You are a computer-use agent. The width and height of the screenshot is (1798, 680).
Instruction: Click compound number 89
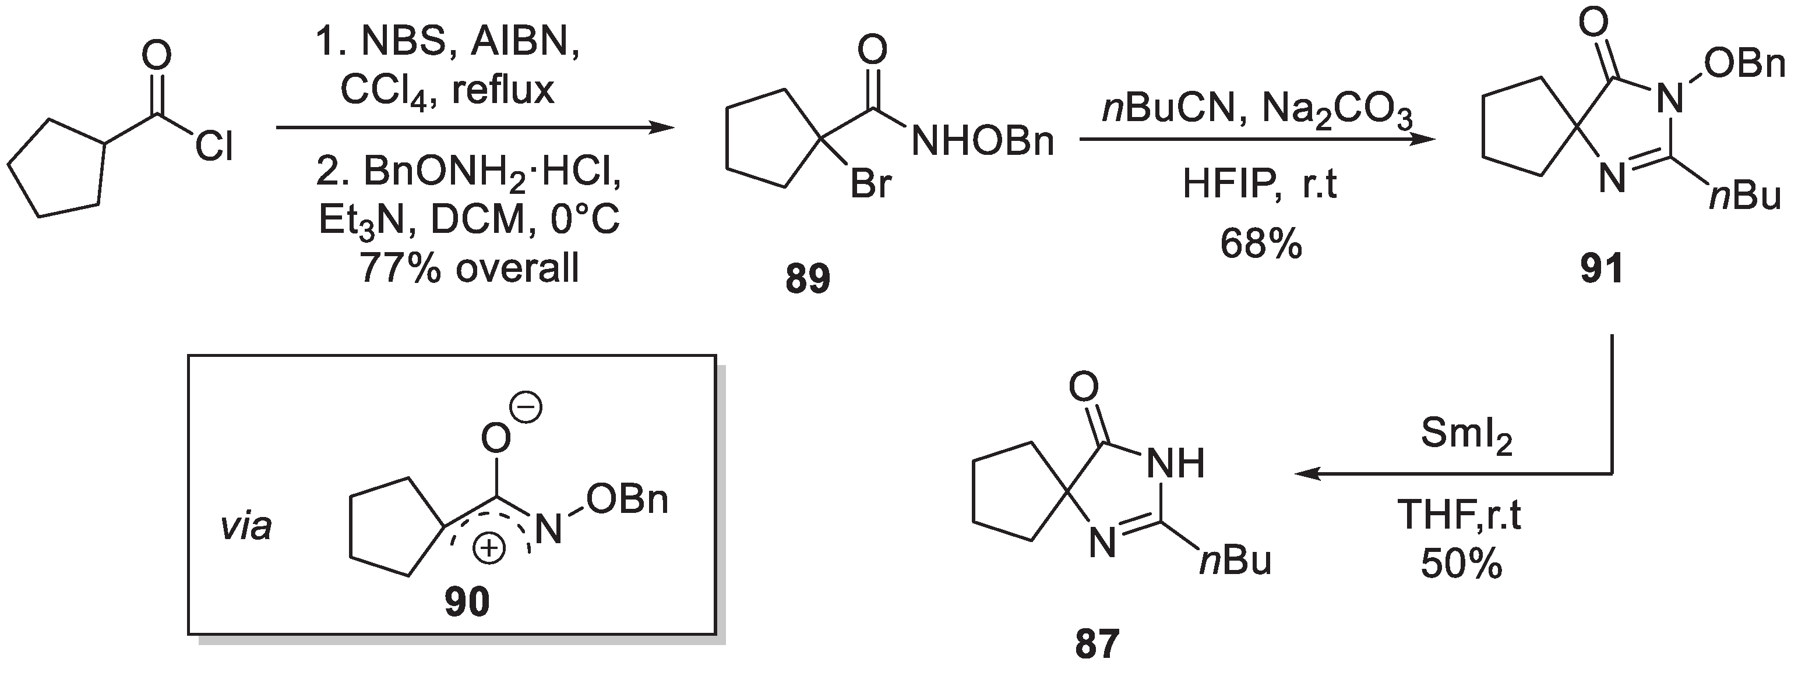pyautogui.click(x=808, y=279)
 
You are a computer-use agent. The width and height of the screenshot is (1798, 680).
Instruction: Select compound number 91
pyautogui.click(x=1602, y=268)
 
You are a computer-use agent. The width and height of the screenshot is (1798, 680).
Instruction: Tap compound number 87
pyautogui.click(x=1097, y=644)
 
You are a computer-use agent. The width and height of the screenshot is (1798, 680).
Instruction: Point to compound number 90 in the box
pyautogui.click(x=467, y=601)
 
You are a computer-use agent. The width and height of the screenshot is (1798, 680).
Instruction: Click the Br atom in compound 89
pyautogui.click(x=871, y=184)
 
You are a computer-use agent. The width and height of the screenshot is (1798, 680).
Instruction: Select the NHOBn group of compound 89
pyautogui.click(x=982, y=142)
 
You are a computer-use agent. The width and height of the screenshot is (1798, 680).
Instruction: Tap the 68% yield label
pyautogui.click(x=1261, y=244)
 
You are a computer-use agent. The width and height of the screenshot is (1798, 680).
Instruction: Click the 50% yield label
pyautogui.click(x=1461, y=564)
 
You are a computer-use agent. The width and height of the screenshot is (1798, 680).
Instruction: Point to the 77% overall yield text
pyautogui.click(x=469, y=268)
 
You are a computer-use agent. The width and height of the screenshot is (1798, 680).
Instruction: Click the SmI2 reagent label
pyautogui.click(x=1466, y=438)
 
